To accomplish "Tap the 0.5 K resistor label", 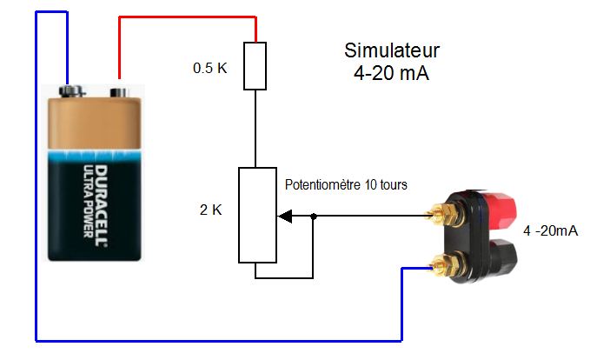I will pyautogui.click(x=210, y=67).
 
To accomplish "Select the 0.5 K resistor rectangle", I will pyautogui.click(x=255, y=65).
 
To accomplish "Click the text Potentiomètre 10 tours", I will pyautogui.click(x=346, y=185).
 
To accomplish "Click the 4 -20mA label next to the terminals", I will pyautogui.click(x=551, y=231).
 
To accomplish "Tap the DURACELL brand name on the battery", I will pyautogui.click(x=98, y=195).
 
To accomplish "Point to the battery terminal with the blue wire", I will pyautogui.click(x=69, y=90).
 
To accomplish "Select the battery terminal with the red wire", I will pyautogui.click(x=118, y=90).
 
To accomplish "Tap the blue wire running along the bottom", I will pyautogui.click(x=217, y=339).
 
